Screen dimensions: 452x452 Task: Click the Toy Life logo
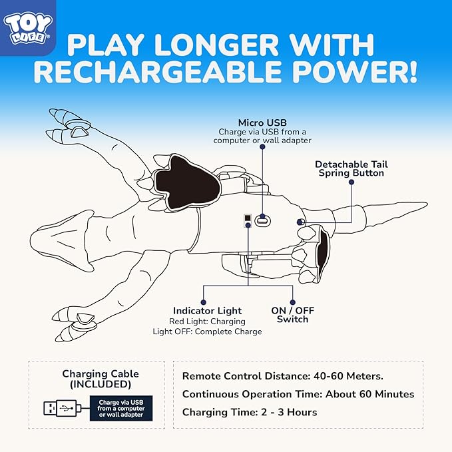click(x=28, y=29)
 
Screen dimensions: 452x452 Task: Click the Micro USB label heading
click(x=262, y=122)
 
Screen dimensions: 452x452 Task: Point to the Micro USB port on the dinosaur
click(x=262, y=221)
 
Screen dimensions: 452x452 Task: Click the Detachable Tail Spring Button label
click(x=351, y=168)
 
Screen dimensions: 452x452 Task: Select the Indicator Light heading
click(x=207, y=311)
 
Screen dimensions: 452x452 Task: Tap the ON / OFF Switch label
click(x=293, y=315)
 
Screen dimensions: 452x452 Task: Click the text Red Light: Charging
click(x=207, y=322)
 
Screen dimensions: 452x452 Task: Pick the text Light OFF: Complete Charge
click(x=207, y=332)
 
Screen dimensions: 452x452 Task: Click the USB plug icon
click(x=63, y=408)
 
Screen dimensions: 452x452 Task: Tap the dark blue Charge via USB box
click(x=121, y=408)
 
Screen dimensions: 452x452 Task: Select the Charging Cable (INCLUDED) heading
click(x=101, y=379)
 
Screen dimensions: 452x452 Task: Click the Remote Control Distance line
click(x=283, y=376)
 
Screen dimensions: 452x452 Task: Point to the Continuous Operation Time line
click(x=298, y=394)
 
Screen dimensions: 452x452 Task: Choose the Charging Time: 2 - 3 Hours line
click(x=250, y=412)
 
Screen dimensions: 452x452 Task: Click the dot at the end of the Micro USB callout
click(x=262, y=146)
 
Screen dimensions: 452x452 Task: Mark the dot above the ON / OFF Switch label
click(x=293, y=302)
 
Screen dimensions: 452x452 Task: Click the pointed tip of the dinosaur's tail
click(x=427, y=204)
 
